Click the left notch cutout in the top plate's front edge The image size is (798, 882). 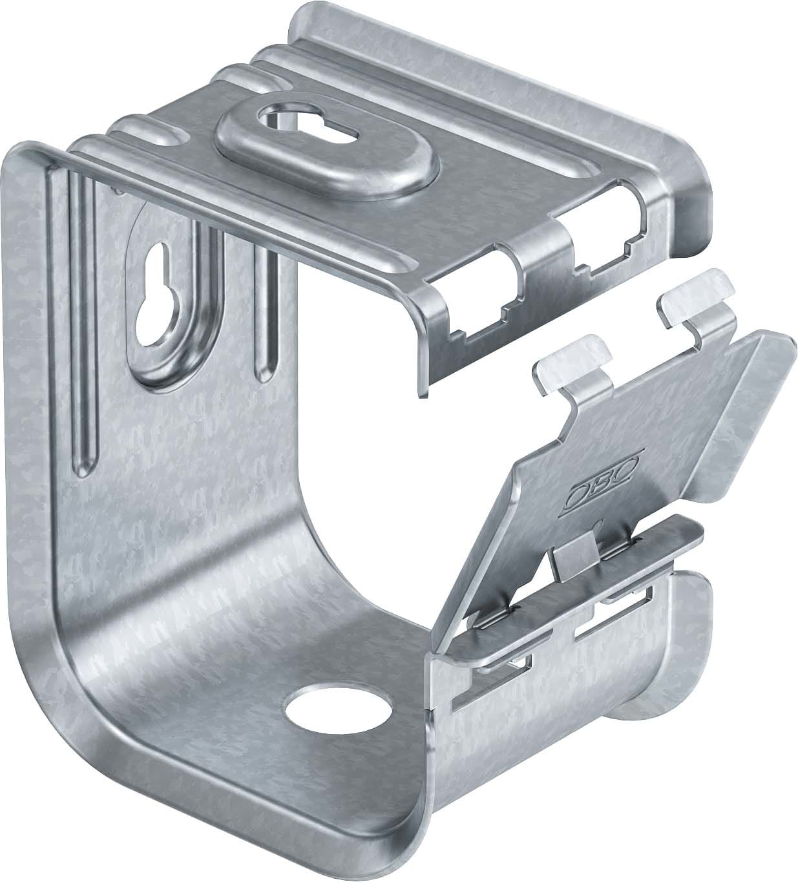[x=488, y=292]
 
